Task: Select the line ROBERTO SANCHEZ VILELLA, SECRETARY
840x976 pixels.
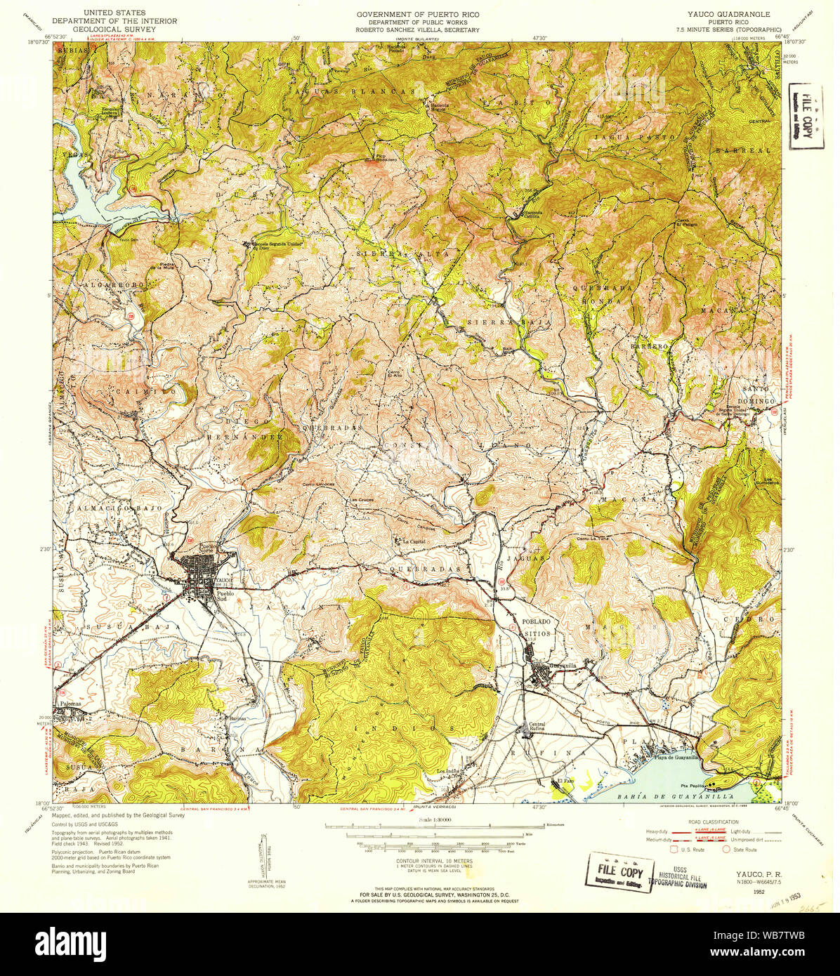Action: click(x=417, y=30)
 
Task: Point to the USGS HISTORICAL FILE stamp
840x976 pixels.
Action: click(x=683, y=875)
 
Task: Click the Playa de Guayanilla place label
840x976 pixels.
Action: click(x=676, y=757)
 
